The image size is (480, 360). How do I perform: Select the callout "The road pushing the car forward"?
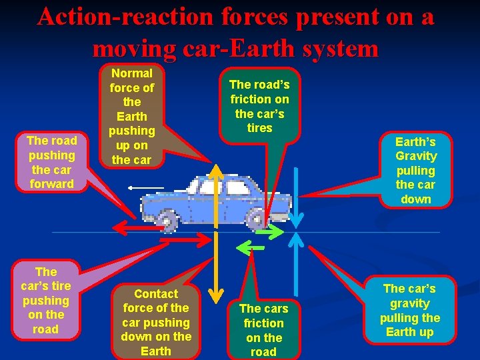(x=52, y=162)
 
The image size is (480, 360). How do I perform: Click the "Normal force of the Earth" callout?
(x=132, y=116)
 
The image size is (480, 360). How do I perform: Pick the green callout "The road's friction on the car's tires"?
(x=259, y=105)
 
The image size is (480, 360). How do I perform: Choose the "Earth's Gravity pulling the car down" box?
(x=415, y=170)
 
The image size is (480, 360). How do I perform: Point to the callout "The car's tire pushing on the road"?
(x=45, y=300)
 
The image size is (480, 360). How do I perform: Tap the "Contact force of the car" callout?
(x=156, y=322)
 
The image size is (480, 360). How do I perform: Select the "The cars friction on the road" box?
(x=263, y=329)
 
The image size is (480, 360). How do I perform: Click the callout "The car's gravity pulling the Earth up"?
(x=409, y=310)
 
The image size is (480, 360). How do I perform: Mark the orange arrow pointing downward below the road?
(x=215, y=267)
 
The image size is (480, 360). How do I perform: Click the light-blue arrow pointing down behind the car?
(x=298, y=200)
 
